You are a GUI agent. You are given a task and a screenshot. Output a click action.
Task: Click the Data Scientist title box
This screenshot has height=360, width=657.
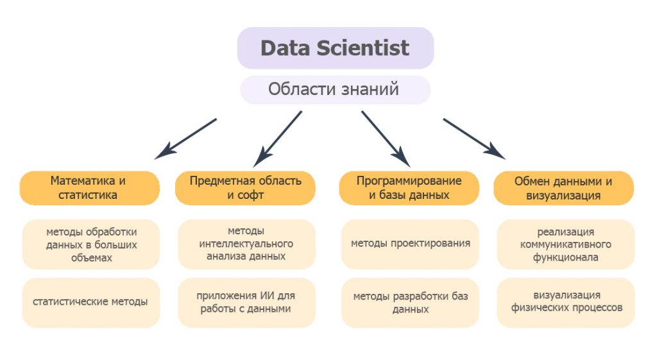point(335,47)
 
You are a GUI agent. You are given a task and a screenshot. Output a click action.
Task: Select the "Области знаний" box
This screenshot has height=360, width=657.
point(335,90)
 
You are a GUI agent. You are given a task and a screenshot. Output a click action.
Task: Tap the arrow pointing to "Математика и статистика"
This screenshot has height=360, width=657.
point(185,139)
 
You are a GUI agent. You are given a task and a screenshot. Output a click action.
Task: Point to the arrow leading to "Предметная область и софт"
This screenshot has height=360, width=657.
point(277,139)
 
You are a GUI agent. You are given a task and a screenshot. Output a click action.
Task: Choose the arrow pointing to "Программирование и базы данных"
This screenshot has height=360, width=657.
point(386,139)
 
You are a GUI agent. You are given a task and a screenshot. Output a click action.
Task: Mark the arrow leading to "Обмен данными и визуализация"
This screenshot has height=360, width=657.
point(474,139)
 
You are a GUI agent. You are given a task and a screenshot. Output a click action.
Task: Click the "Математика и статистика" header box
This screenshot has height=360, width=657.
point(89,188)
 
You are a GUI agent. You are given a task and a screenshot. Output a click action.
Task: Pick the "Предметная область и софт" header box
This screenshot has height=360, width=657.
point(245,188)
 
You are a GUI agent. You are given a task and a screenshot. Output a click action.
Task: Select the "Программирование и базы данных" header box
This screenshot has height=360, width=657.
point(409,188)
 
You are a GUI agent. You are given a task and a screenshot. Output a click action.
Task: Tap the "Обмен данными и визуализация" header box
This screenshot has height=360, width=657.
point(563,188)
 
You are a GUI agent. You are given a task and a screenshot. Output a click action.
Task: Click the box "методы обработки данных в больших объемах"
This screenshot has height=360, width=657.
point(91,244)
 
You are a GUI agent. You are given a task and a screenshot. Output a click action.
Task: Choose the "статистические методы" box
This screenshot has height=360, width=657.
point(91,303)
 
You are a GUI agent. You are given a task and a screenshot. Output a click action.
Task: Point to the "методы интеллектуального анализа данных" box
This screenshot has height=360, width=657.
point(246,244)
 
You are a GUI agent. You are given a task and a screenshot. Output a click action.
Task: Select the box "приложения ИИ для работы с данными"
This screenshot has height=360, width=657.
point(246,303)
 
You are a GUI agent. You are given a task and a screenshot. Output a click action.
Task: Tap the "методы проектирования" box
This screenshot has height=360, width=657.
point(410,244)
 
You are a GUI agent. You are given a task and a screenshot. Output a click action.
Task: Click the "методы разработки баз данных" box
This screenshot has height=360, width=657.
point(410,303)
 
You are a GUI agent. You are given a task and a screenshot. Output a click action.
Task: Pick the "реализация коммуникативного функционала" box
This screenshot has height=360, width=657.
point(566,244)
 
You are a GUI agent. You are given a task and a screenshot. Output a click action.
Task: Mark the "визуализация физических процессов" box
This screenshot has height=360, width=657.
point(566,303)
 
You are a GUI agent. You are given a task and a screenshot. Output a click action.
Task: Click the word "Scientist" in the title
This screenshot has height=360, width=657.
point(363,47)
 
